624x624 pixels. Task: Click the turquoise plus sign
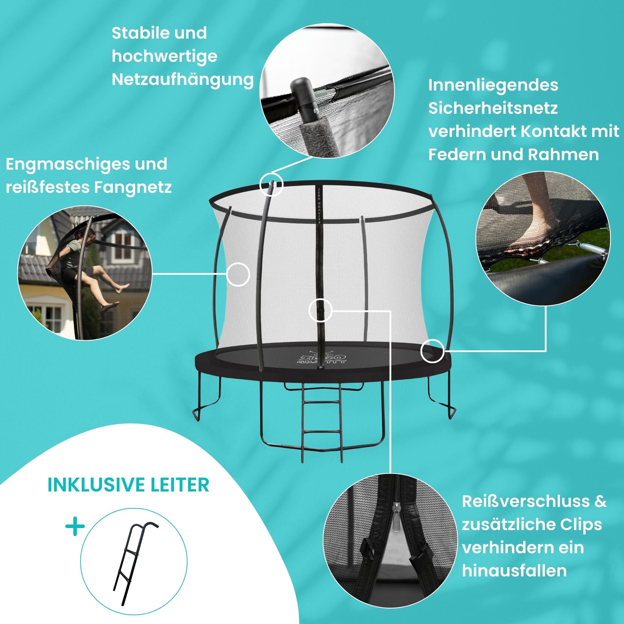tap(75, 527)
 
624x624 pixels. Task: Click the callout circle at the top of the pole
tap(271, 185)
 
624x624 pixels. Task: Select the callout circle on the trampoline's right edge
tap(433, 350)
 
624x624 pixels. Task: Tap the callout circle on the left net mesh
tap(238, 275)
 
